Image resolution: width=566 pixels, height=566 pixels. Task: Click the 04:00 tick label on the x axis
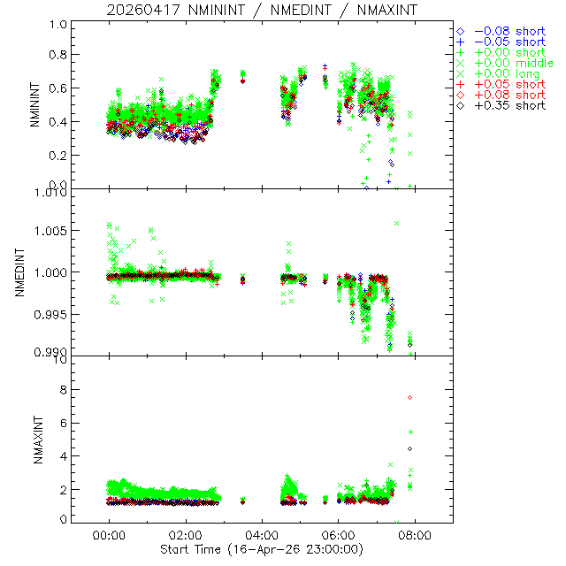[x=262, y=535]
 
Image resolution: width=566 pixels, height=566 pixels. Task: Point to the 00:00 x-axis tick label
[x=109, y=535]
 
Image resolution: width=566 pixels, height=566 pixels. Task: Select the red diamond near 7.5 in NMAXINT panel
[x=409, y=397]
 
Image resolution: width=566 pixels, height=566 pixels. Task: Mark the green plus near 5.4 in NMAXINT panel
[x=410, y=432]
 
